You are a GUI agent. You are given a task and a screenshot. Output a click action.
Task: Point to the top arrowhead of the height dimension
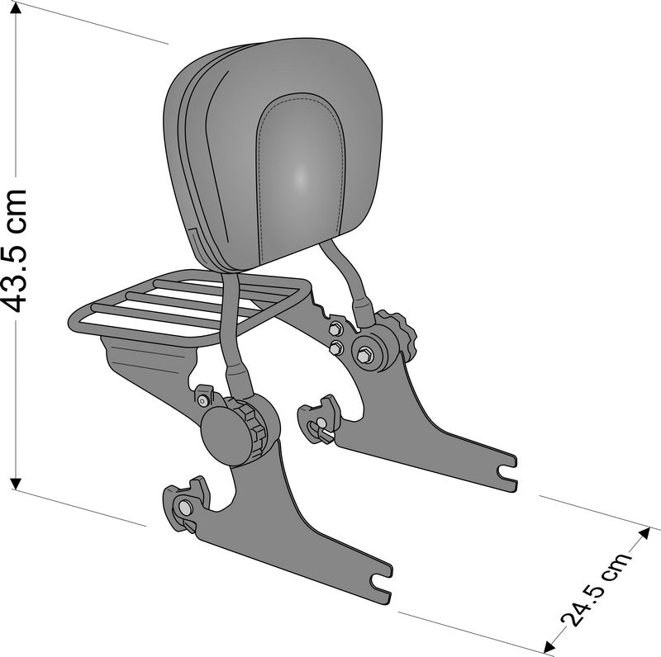16,7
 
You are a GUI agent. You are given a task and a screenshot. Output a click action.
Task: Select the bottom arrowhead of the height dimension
16,484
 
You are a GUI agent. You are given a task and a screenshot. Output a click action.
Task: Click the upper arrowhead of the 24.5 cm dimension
644,533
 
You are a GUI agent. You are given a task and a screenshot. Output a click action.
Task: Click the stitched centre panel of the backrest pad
300,177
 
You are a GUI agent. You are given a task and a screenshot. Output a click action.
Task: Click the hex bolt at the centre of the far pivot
364,356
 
